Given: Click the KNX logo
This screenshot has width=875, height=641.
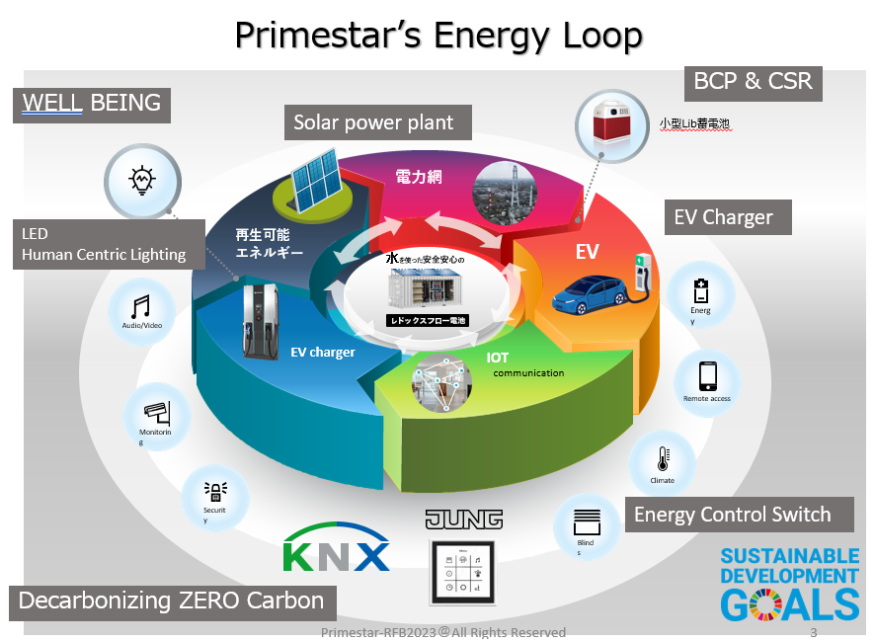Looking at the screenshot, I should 337,550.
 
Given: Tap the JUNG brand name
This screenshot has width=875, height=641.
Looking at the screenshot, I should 463,520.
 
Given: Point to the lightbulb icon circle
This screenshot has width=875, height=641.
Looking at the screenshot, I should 142,180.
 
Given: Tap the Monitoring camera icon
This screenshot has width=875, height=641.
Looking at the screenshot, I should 157,411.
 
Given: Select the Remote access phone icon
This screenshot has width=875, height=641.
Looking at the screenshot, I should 707,376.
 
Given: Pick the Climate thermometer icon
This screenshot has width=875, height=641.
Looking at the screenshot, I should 663,459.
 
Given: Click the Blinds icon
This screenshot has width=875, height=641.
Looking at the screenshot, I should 586,521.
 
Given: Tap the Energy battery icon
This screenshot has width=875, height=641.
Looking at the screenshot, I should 700,291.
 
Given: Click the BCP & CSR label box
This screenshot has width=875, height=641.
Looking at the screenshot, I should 754,81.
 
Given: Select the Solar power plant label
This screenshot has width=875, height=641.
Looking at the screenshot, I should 373,122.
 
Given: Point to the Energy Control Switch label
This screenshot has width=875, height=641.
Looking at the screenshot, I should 732,515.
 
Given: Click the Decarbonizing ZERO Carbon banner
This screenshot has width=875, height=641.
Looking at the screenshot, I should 172,600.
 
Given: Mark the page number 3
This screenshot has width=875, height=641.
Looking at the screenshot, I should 813,632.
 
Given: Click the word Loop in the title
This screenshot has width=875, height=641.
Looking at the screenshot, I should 593,36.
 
